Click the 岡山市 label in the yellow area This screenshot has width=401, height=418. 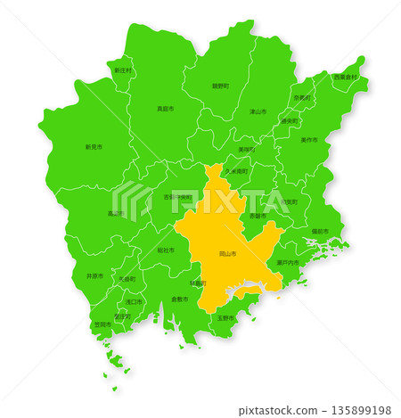[x=228, y=254]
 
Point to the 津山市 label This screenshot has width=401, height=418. [x=258, y=111]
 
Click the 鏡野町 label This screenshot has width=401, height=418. [x=220, y=86]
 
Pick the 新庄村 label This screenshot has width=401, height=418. [x=122, y=70]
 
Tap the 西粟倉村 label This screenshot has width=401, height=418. [x=345, y=78]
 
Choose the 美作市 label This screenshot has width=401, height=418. [x=309, y=139]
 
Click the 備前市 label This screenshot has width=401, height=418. [x=320, y=231]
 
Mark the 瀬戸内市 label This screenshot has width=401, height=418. [x=288, y=263]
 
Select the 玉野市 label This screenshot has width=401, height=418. [x=225, y=318]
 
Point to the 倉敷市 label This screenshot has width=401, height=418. [x=180, y=299]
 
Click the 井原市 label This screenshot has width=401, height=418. [x=94, y=277]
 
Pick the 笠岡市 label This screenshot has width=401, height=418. [x=102, y=324]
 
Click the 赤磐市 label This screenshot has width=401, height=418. [x=257, y=216]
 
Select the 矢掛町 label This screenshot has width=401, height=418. [x=127, y=279]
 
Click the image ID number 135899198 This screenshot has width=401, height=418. [x=360, y=410]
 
